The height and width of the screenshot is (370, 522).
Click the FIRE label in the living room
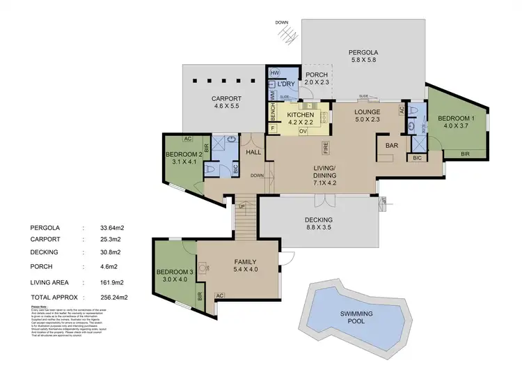point(325,147)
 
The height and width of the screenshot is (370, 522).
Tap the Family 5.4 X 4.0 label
point(245,265)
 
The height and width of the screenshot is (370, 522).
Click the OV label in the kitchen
point(302,130)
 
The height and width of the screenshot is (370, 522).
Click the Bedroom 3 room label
point(174,275)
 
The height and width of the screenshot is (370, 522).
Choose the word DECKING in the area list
point(45,252)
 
